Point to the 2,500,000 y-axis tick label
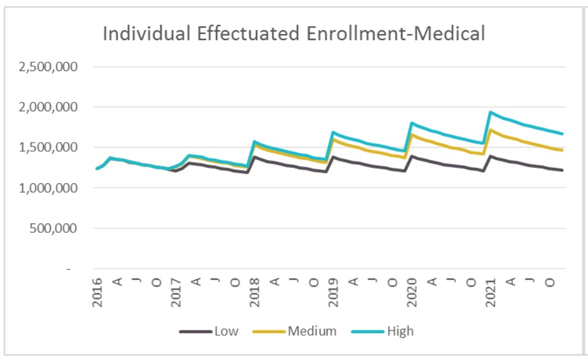click(x=47, y=67)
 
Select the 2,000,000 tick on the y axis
click(x=47, y=107)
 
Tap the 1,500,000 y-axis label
click(x=47, y=148)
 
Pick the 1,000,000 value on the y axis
click(x=47, y=188)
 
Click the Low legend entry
click(x=226, y=332)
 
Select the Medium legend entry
click(x=312, y=332)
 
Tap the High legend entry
click(x=400, y=332)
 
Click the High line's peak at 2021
click(x=490, y=112)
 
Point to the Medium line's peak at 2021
click(x=490, y=130)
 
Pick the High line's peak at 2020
click(x=412, y=123)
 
